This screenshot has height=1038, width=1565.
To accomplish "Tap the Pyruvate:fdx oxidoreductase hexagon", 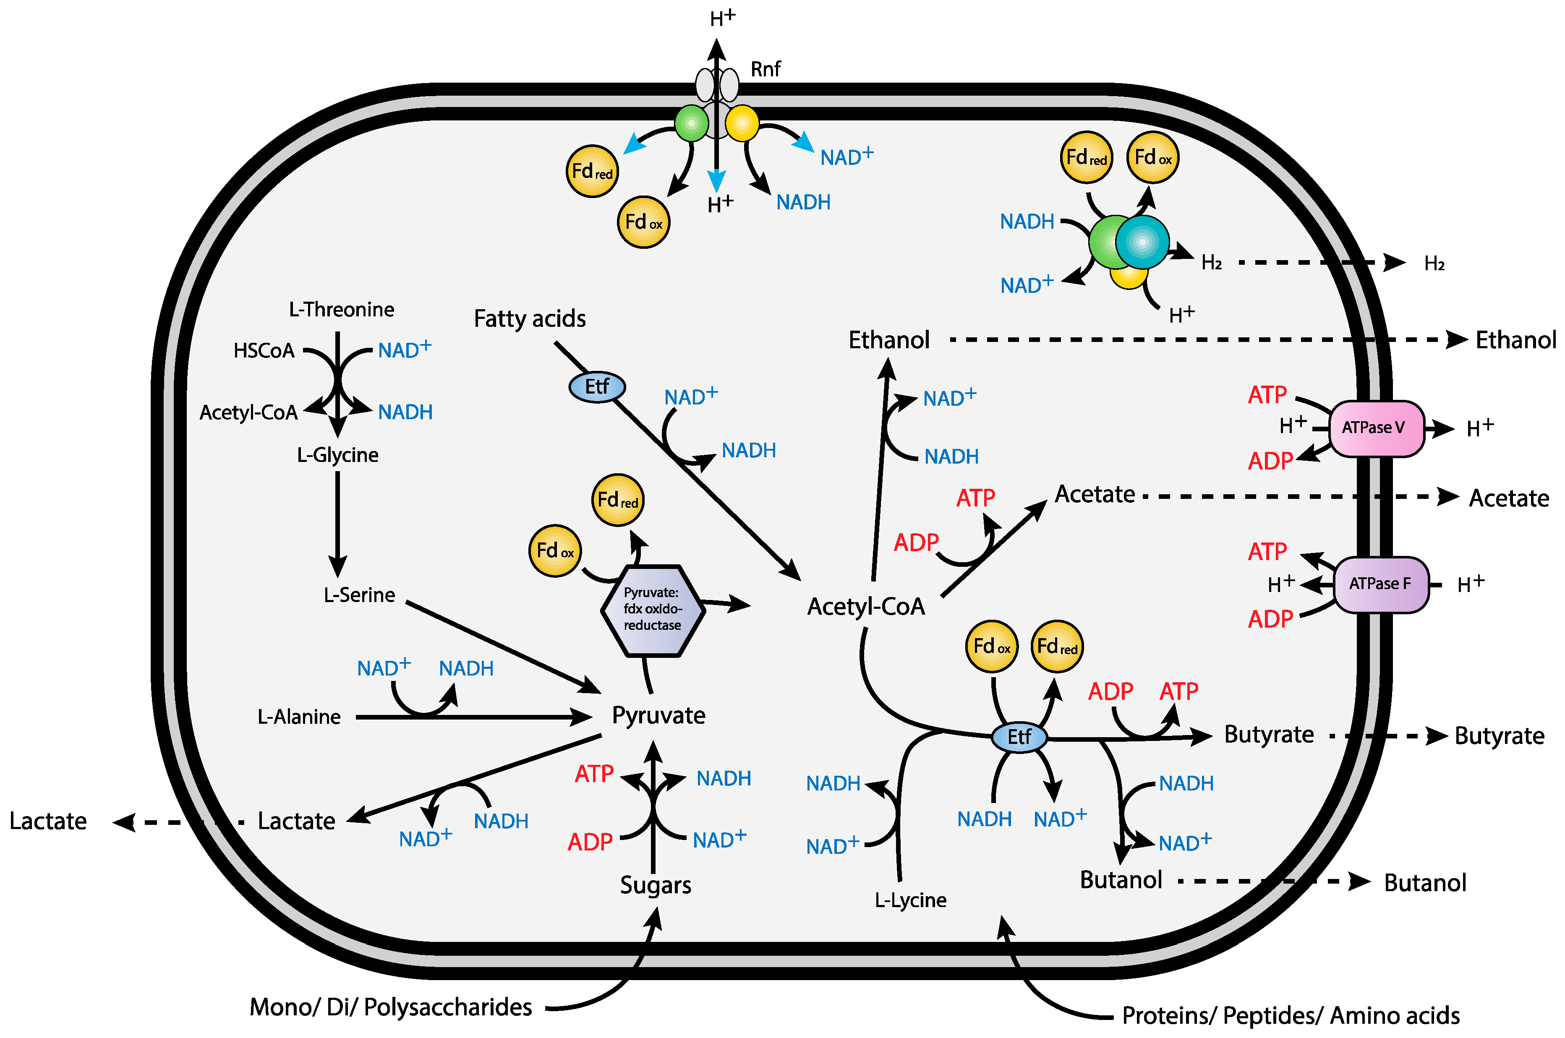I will click(x=652, y=610).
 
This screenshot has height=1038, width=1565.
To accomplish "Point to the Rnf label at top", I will click(x=765, y=69).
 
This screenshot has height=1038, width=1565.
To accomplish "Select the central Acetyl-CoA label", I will click(x=865, y=606).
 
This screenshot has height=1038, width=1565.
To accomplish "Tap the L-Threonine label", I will click(x=342, y=309).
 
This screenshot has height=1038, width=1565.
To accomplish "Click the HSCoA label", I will click(x=264, y=350).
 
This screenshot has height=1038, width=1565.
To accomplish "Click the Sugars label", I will click(x=656, y=885).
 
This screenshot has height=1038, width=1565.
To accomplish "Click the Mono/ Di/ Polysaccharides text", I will click(x=391, y=1007).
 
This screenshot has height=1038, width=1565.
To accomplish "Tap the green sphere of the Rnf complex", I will click(x=691, y=123).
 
